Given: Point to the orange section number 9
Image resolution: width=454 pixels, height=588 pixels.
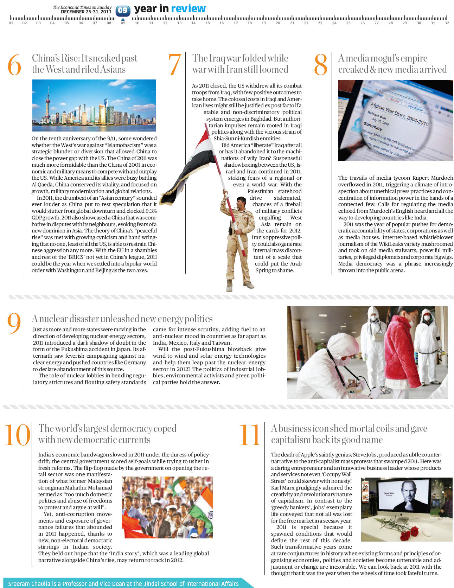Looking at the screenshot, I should (x=14, y=324).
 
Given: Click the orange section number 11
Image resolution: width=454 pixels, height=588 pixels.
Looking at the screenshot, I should (x=250, y=435).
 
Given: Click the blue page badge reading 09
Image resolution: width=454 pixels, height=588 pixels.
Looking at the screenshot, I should (x=123, y=11).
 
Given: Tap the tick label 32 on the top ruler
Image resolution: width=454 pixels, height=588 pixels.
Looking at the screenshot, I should (x=447, y=23).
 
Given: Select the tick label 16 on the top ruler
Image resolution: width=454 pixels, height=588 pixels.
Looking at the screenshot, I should (x=222, y=23).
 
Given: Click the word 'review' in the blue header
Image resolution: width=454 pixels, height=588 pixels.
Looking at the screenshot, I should (x=188, y=9).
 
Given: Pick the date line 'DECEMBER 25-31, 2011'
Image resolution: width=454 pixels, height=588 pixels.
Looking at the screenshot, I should (x=86, y=12).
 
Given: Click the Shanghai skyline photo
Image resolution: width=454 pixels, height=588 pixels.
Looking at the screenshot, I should (x=94, y=105).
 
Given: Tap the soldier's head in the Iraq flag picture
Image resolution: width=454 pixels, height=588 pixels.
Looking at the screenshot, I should (x=241, y=202).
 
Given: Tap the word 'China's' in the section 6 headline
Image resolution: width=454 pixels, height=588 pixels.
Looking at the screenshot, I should (x=44, y=58).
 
